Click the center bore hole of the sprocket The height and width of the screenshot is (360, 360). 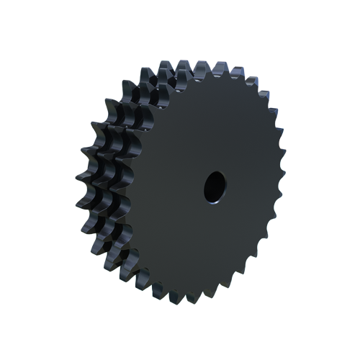(214, 186)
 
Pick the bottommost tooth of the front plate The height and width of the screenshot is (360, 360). (209, 300)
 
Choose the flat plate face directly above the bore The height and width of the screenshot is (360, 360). (214, 130)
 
